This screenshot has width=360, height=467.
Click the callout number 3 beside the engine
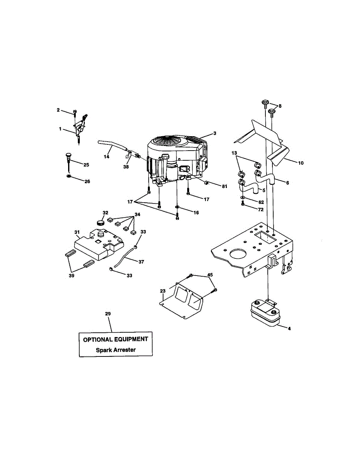pos(214,133)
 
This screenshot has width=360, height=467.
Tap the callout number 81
pos(224,186)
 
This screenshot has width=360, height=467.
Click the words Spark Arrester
pos(116,349)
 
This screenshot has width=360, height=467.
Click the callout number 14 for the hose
pos(107,156)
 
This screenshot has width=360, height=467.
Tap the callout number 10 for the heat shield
pos(301,163)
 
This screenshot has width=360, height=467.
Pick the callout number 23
pos(163,291)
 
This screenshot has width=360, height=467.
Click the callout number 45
pos(210,275)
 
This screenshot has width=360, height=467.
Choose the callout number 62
pos(261,202)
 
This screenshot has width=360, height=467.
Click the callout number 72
pos(261,209)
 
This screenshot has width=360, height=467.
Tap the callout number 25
pos(86,165)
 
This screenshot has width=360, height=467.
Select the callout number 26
pos(87,181)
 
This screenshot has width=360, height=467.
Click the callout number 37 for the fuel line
pos(141,262)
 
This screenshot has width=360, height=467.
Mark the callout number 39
pos(71,275)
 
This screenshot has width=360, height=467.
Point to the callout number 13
pos(234,153)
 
